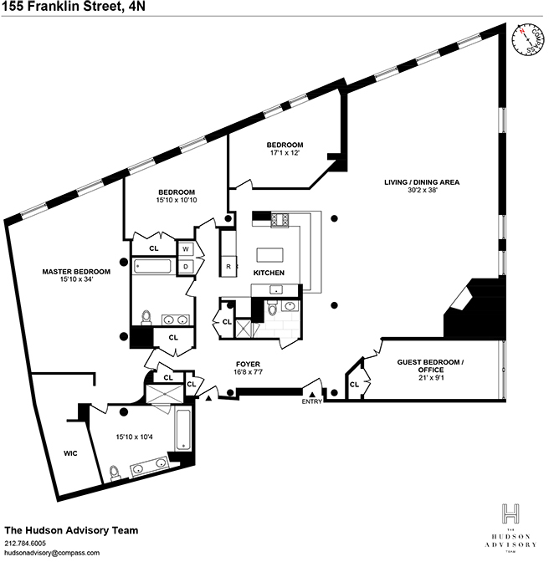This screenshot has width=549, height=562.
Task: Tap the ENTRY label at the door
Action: pos(312,401)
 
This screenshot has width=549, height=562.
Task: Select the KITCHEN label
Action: pos(269,273)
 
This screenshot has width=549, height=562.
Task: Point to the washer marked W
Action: pos(186,249)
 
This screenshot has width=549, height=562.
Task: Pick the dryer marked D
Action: pos(186,267)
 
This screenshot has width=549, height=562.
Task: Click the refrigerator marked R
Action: pos(228,267)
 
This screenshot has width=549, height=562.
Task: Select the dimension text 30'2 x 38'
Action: pos(422,192)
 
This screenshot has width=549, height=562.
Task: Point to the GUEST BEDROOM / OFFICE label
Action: pos(450,365)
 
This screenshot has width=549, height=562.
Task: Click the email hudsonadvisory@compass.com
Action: pos(52,553)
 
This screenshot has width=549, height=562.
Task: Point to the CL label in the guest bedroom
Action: pos(354,385)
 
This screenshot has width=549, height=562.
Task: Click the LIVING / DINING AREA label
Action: pos(422,181)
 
